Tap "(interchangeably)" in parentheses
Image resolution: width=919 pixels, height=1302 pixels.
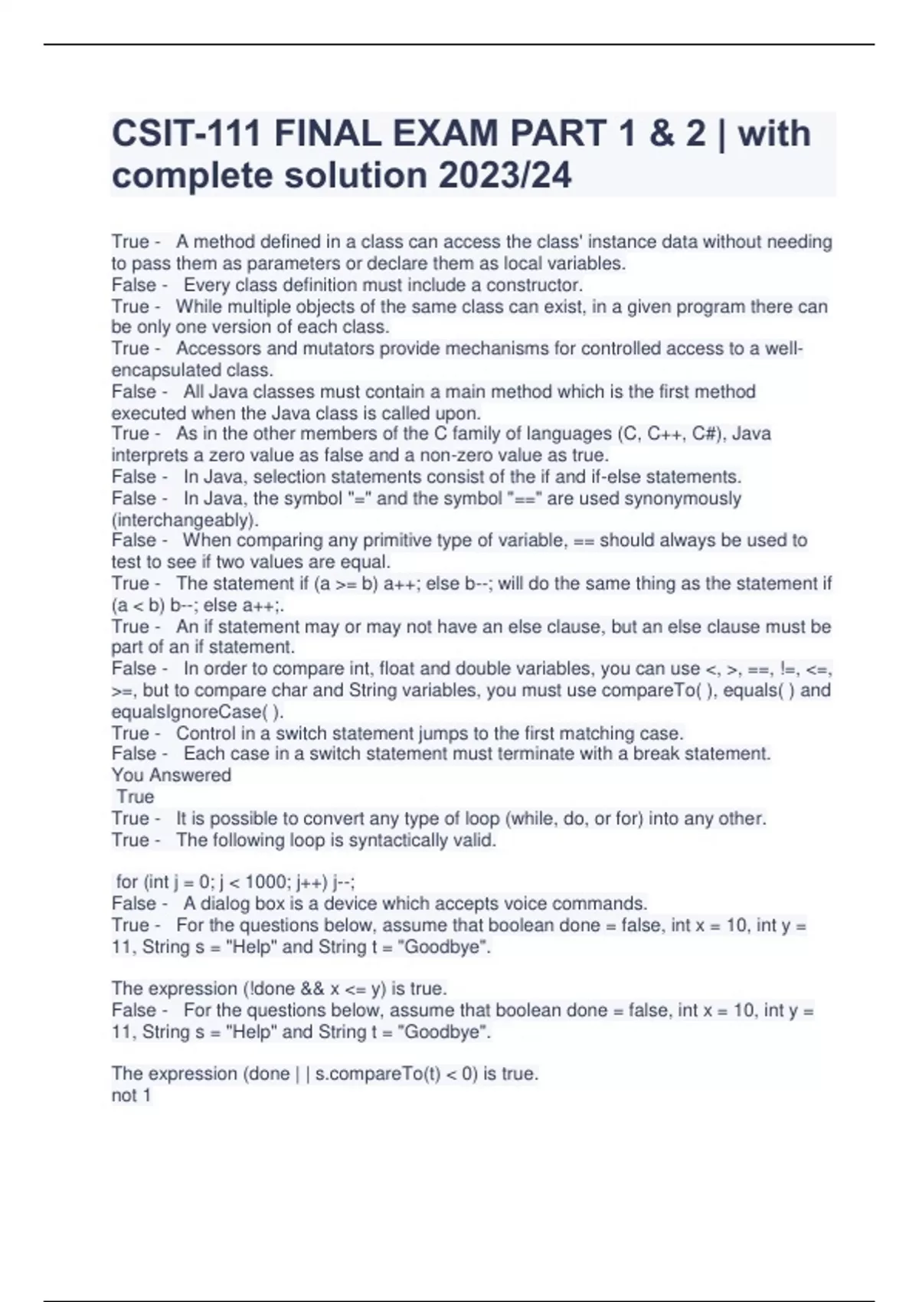point(185,519)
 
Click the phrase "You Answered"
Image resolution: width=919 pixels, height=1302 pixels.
point(171,775)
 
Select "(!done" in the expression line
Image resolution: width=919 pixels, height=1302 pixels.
point(269,989)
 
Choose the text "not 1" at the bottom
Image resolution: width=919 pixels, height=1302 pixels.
point(131,1095)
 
